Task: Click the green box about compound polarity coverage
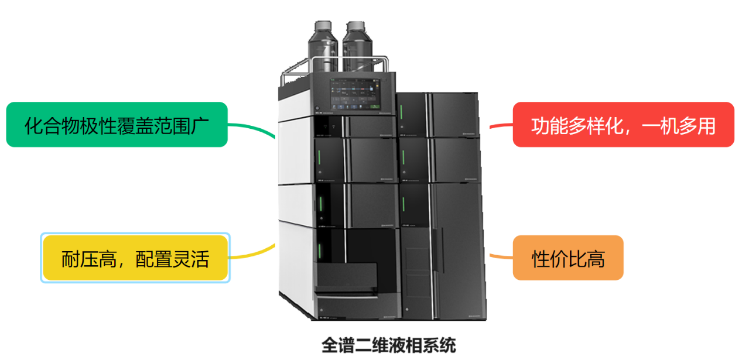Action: click(117, 125)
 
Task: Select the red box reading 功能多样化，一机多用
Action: click(623, 125)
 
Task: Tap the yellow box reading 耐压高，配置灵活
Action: click(135, 258)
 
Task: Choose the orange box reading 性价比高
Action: click(567, 258)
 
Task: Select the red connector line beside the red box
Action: click(501, 125)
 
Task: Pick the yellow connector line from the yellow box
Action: click(252, 254)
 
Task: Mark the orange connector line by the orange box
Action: click(500, 256)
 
